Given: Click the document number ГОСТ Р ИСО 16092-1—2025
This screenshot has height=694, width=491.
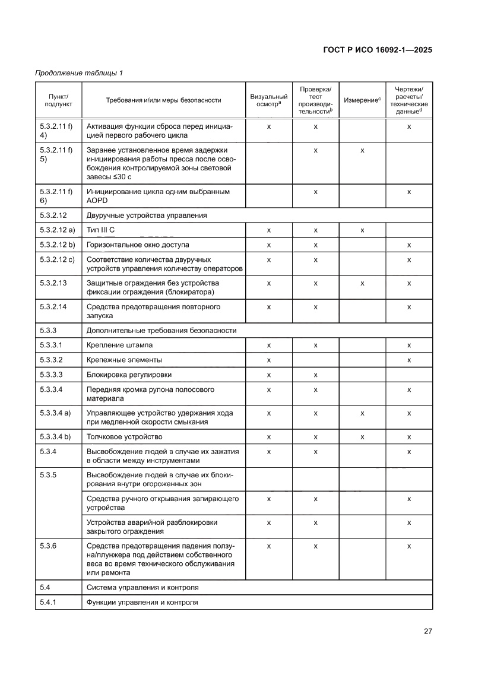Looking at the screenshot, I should pos(377,50).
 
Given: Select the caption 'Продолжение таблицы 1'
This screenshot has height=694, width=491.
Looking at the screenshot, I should pos(79,74).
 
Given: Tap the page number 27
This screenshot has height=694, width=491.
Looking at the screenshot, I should pos(427,631).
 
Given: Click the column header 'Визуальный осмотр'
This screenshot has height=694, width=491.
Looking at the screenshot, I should pos(268,100).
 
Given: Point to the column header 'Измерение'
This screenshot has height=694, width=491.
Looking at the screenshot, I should pos(362,100).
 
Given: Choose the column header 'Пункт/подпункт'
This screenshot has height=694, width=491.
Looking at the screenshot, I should pos(56,100).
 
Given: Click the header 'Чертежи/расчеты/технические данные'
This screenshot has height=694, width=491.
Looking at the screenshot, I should pos(409,100).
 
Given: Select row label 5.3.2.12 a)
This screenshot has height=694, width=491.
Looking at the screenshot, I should pos(57,230).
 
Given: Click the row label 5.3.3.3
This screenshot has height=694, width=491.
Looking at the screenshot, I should pos(51,375).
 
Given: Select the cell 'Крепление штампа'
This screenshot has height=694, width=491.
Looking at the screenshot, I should pos(119,345).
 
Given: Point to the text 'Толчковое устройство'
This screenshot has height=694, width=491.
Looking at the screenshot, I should pos(124,437).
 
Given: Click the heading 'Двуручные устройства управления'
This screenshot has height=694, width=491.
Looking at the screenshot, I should pos(147,215).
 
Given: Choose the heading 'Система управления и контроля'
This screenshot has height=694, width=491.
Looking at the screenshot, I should pos(142,587).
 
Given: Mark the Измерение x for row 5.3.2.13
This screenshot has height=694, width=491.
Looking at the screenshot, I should pos(362,283).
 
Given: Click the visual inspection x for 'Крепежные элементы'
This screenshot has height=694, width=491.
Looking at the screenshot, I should pos(268,360).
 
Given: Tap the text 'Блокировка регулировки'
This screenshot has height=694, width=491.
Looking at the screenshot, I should pos(128,375).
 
